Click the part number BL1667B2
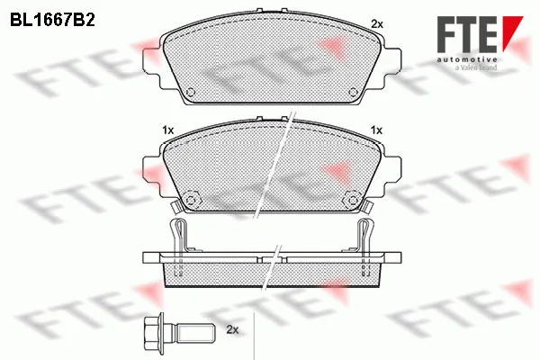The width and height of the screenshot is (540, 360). click(x=53, y=21)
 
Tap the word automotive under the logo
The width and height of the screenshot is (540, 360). click(x=467, y=59)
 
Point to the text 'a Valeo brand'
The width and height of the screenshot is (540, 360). click(x=476, y=67)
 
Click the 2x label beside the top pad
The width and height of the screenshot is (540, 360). click(x=377, y=24)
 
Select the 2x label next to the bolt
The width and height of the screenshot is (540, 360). click(x=232, y=329)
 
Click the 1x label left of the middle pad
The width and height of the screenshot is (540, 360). click(x=168, y=130)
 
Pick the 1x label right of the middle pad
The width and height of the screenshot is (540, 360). click(x=376, y=130)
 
